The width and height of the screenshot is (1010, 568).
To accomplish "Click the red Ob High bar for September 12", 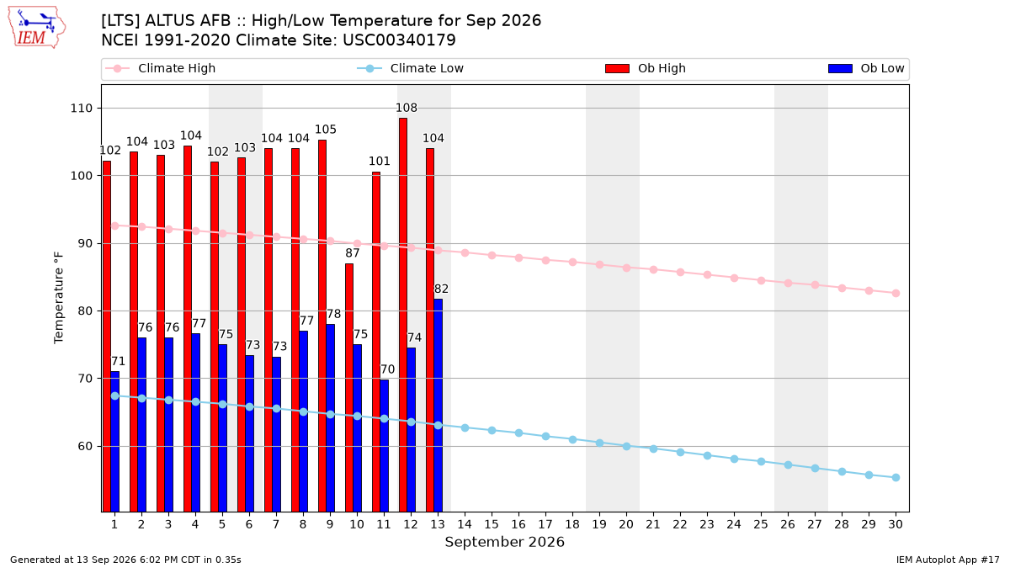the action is (x=403, y=315).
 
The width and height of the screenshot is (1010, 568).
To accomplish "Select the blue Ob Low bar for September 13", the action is (x=439, y=406).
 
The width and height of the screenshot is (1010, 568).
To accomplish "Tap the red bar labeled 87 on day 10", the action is (x=349, y=388).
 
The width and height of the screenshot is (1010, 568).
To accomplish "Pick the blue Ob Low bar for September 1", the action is (x=115, y=441).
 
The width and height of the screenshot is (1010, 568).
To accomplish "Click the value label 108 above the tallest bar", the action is (x=407, y=108).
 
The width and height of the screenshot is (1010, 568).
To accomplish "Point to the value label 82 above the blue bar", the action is (x=441, y=289).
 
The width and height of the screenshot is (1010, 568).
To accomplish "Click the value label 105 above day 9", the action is (x=326, y=130).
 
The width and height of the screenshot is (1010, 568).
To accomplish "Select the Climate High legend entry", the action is (x=160, y=68).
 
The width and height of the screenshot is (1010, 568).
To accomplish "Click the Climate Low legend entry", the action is (x=410, y=68).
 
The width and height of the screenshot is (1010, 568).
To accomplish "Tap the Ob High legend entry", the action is (x=646, y=68).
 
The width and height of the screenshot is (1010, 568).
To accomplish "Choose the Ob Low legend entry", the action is (x=866, y=68).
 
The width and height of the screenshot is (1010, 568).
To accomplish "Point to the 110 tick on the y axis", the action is (x=81, y=109).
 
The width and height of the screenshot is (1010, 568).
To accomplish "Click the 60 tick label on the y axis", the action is (x=85, y=446).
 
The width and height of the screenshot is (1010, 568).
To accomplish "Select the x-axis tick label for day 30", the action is (x=896, y=524).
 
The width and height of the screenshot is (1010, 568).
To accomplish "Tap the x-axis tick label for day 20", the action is (x=626, y=524).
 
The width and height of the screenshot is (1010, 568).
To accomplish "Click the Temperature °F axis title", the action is (x=59, y=298).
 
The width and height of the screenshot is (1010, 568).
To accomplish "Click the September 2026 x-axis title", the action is (x=504, y=542).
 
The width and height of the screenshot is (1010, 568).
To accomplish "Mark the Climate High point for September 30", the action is (x=896, y=294).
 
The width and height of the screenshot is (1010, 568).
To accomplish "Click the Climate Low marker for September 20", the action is (x=626, y=446).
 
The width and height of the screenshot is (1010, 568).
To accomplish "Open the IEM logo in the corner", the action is (x=37, y=28).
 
